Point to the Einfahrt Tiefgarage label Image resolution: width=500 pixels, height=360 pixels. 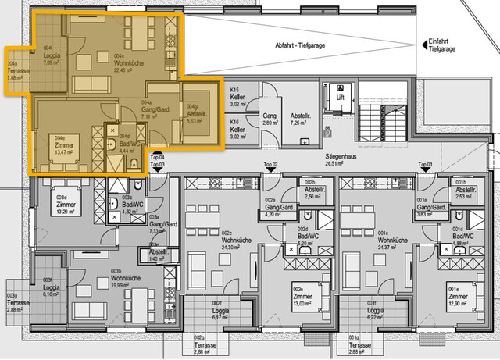pyautogui.click(x=443, y=45)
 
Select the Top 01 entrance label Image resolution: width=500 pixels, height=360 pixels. pyautogui.click(x=425, y=165)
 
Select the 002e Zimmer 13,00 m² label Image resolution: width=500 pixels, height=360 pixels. pyautogui.click(x=301, y=297)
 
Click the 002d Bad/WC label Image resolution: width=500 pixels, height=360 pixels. pyautogui.click(x=299, y=240)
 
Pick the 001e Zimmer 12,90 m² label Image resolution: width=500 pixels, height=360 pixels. pyautogui.click(x=458, y=297)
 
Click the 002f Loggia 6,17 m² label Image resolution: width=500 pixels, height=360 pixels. pyautogui.click(x=212, y=312)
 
